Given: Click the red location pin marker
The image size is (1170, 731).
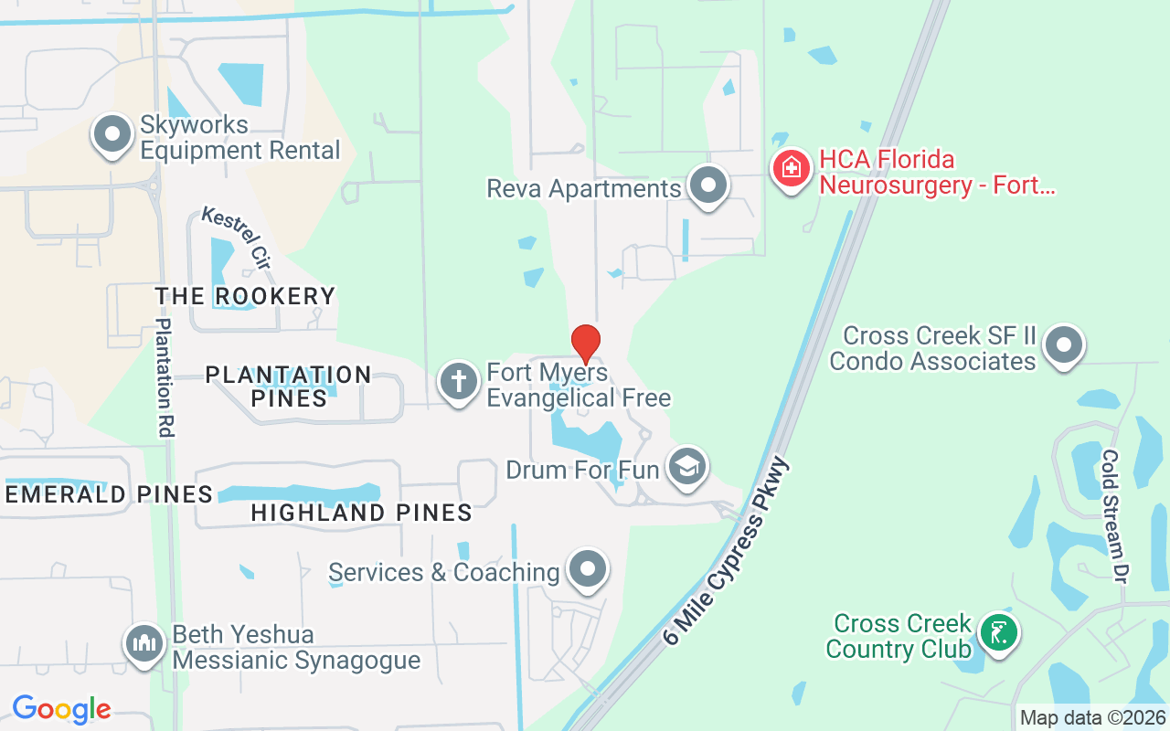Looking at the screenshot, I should [x=585, y=344].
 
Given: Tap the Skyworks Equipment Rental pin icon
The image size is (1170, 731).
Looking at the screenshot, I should [x=112, y=135].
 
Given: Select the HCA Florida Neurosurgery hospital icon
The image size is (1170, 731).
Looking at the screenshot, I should [x=792, y=169].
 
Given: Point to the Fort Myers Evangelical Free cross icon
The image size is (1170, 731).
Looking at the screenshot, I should [x=458, y=382].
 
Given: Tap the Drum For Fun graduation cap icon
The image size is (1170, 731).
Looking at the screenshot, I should [x=686, y=467].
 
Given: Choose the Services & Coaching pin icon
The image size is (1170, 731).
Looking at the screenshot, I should [x=588, y=569].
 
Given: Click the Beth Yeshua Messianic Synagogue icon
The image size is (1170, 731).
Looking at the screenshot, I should [x=144, y=643].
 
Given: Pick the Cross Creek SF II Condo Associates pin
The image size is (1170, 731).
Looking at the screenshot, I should [x=1063, y=346].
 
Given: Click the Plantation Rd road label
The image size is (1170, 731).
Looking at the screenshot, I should [x=165, y=377].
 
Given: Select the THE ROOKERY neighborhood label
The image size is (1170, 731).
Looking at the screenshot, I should [x=245, y=296].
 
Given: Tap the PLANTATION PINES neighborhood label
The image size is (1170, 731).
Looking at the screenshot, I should [x=288, y=387].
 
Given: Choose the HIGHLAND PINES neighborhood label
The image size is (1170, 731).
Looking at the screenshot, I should [x=361, y=513].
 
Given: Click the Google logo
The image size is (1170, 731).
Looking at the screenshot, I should [x=61, y=709].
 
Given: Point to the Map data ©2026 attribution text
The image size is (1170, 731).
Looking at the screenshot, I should [x=1092, y=718].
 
